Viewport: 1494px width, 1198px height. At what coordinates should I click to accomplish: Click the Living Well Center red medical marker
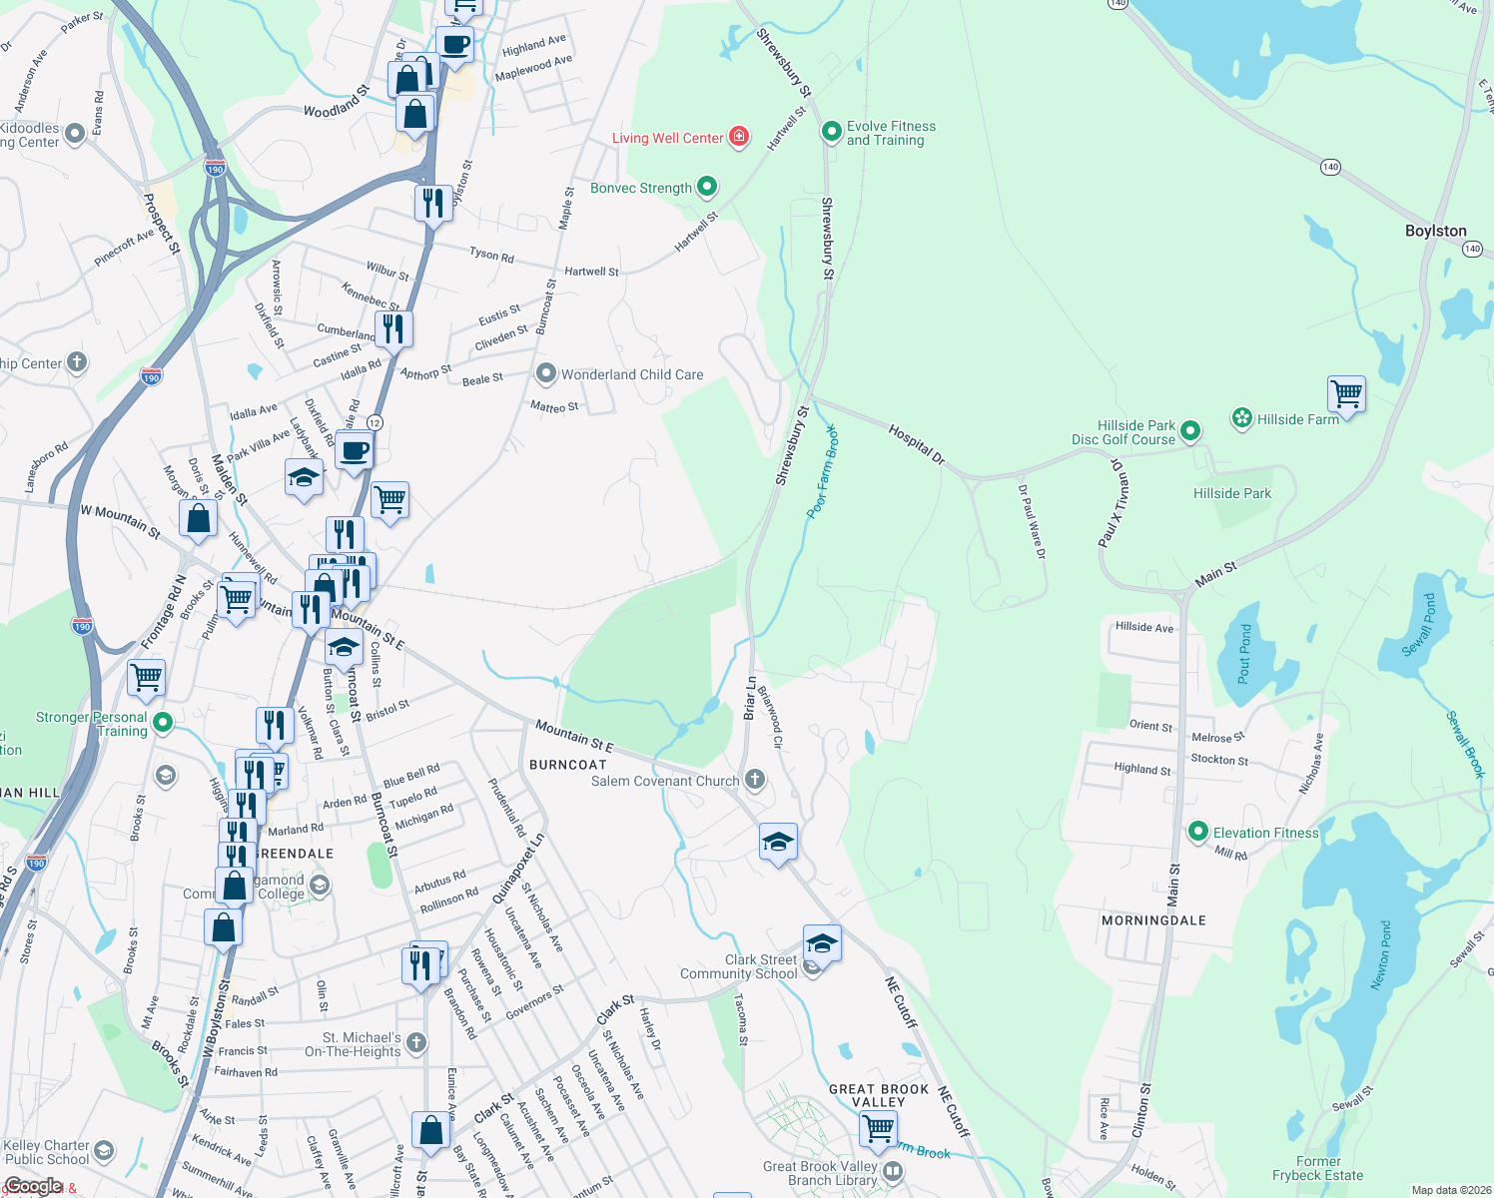coord(739,137)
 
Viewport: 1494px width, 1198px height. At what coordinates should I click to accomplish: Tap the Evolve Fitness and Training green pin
coord(831,132)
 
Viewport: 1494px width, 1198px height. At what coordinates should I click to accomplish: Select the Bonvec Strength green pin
coord(707,187)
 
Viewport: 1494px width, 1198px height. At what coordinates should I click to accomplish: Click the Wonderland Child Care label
coord(631,374)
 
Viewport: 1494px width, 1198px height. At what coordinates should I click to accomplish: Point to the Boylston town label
coord(1435,231)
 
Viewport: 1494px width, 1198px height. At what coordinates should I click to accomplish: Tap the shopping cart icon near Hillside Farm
coord(1346,394)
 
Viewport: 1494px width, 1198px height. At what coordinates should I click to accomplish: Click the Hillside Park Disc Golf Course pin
coord(1189,431)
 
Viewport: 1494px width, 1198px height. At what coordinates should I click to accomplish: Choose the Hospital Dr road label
coord(916,443)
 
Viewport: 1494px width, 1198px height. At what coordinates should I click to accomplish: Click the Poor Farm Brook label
coord(822,470)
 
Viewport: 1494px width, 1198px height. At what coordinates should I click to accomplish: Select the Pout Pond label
coord(1244,652)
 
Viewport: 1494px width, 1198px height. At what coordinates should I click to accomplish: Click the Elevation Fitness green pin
coord(1198,832)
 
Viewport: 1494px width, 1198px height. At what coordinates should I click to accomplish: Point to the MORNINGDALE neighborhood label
coord(1153,920)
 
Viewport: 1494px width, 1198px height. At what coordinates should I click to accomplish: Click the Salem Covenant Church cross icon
coord(755,780)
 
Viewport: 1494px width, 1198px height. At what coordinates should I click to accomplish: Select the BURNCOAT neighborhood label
coord(567,765)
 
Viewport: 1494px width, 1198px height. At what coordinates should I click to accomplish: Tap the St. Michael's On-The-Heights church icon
coord(416,1043)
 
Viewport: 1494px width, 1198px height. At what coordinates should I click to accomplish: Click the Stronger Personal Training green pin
coord(163,722)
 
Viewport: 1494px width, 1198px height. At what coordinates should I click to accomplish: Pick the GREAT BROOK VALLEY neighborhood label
coord(879,1095)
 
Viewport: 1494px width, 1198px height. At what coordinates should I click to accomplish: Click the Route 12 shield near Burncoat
coord(374,422)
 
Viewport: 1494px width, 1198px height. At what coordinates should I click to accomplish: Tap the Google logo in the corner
coord(33,1186)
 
